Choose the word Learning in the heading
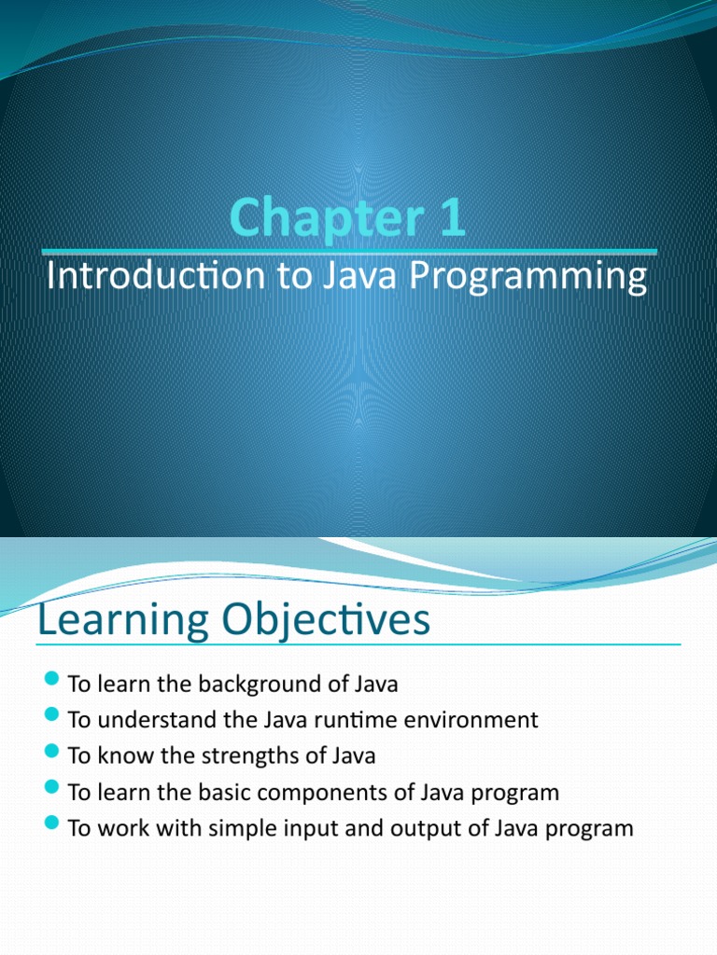(x=122, y=621)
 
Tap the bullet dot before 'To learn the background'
(x=51, y=683)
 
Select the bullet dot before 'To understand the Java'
(x=51, y=719)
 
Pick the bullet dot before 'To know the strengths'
(x=51, y=754)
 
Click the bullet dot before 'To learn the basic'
(x=51, y=791)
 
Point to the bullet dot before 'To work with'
(x=51, y=826)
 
